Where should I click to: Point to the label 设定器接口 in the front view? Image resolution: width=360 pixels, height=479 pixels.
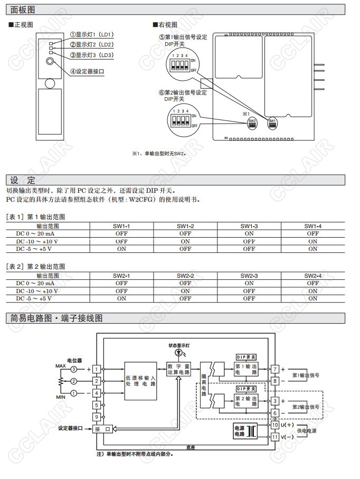click(94, 71)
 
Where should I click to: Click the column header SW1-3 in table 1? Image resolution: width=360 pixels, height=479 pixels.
click(249, 226)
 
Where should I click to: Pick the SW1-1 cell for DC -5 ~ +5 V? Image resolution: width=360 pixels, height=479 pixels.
click(121, 248)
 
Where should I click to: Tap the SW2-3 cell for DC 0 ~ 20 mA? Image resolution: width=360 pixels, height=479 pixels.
click(249, 284)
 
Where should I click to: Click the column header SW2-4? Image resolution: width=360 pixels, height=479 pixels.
click(312, 276)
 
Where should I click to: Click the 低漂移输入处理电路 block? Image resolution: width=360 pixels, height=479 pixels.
click(140, 380)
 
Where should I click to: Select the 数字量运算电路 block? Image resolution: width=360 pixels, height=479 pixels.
click(178, 369)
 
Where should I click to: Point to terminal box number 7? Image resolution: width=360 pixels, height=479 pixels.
click(275, 369)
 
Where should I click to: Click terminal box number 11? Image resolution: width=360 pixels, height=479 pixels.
click(275, 437)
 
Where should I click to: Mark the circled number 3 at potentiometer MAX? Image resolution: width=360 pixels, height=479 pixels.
click(74, 369)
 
